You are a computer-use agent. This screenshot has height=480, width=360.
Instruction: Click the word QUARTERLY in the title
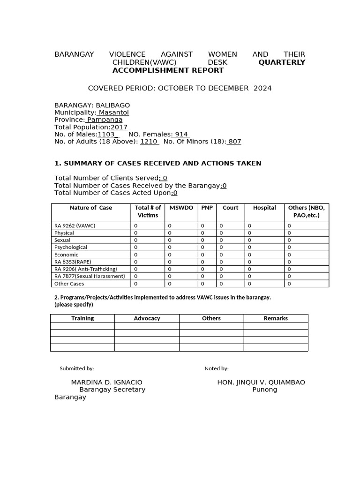pyautogui.click(x=281, y=62)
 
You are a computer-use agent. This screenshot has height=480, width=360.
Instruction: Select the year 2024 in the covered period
pyautogui.click(x=262, y=88)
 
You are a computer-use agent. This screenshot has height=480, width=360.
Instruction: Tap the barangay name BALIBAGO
pyautogui.click(x=113, y=105)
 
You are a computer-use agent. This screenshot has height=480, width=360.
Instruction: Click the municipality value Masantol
pyautogui.click(x=113, y=112)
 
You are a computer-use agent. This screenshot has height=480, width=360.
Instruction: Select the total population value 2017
pyautogui.click(x=119, y=127)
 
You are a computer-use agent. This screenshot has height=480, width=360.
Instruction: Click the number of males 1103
pyautogui.click(x=106, y=135)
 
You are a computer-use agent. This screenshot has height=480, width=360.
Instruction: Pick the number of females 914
pyautogui.click(x=180, y=135)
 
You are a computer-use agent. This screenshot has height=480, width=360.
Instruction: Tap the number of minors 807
pyautogui.click(x=234, y=142)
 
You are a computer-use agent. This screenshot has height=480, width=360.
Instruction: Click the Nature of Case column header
pyautogui.click(x=91, y=208)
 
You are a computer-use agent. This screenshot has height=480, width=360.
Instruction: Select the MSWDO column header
pyautogui.click(x=181, y=208)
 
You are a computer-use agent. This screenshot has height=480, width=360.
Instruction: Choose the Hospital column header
pyautogui.click(x=264, y=208)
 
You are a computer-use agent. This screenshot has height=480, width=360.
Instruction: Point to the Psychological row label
pyautogui.click(x=71, y=247)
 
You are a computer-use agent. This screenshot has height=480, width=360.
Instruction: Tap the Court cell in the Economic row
pyautogui.click(x=221, y=255)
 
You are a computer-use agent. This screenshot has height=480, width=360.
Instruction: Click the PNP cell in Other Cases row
pyautogui.click(x=202, y=284)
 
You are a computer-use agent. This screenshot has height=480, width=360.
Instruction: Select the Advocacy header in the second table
pyautogui.click(x=147, y=318)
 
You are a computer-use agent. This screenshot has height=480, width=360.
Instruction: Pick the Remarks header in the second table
pyautogui.click(x=276, y=318)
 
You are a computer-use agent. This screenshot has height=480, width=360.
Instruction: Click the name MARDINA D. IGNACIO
pyautogui.click(x=106, y=382)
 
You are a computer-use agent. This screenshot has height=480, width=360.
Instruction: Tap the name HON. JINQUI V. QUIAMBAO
pyautogui.click(x=261, y=382)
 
